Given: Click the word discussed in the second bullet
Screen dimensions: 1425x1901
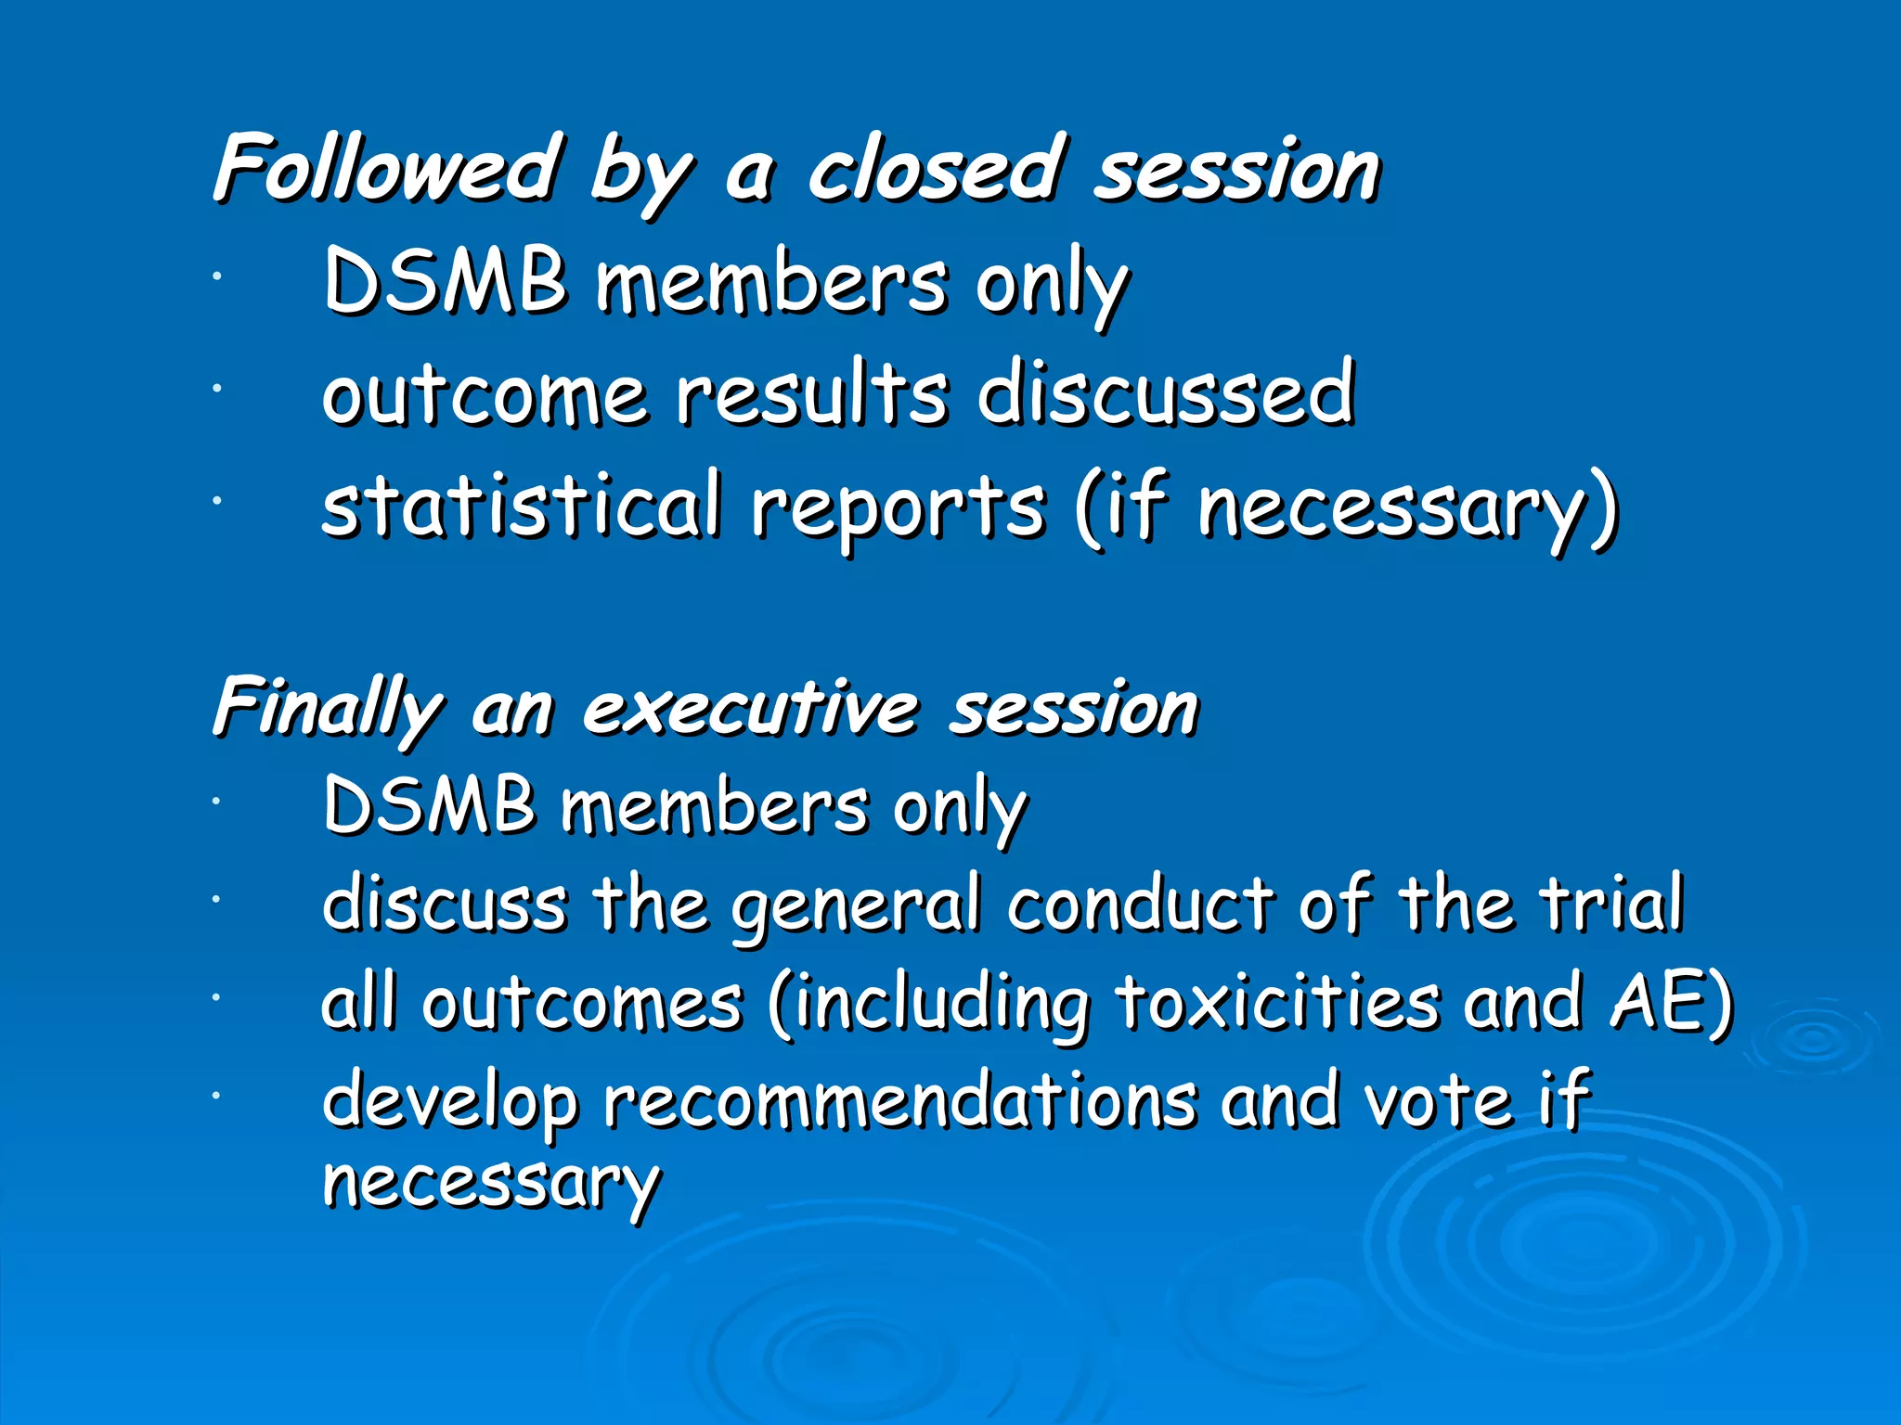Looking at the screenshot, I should (x=1166, y=393).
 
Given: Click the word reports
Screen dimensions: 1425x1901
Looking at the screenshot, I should (x=899, y=508).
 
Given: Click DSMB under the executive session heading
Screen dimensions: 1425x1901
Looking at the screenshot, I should (x=429, y=804).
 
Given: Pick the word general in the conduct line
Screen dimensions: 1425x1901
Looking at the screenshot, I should (x=855, y=905).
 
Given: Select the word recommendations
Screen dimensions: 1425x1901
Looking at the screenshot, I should (x=900, y=1101).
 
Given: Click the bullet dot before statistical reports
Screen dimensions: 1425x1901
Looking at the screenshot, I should (x=215, y=501).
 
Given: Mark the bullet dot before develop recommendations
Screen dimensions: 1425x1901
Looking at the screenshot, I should (x=215, y=1096).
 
